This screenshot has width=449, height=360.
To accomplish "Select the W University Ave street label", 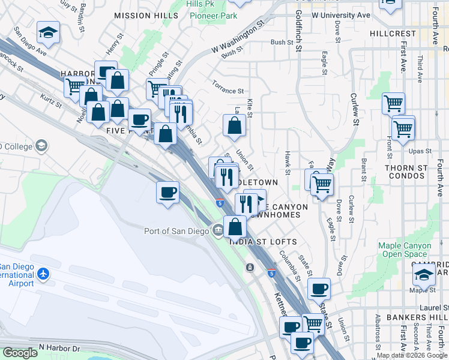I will [340, 14].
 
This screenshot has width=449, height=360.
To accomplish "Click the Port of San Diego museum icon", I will [217, 231].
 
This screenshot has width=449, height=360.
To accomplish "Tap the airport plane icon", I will [43, 274].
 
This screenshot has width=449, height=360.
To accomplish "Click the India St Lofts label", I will [263, 242].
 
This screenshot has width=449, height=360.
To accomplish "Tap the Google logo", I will [20, 353].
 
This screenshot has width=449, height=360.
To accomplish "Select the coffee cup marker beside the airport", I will [167, 193].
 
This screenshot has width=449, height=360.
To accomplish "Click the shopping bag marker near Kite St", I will [234, 125].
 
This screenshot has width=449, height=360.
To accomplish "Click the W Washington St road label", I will [237, 38].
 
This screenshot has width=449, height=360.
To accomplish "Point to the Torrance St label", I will [228, 87].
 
